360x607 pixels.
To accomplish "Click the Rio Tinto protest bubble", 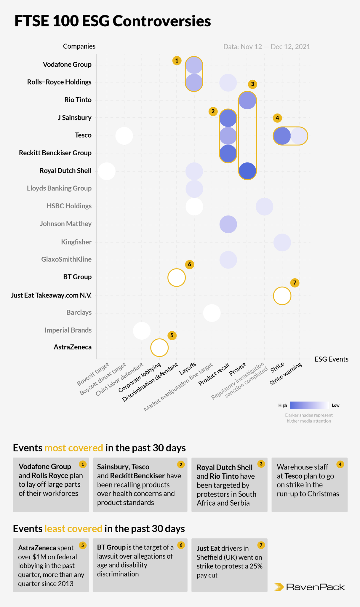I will (247, 100).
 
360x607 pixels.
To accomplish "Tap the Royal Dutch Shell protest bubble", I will (247, 171).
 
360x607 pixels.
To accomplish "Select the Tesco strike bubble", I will (282, 136).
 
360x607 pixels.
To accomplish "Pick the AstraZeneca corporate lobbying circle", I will (159, 347).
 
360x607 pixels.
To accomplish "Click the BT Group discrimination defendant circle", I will (177, 277).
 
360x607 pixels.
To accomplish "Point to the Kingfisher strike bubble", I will (282, 242).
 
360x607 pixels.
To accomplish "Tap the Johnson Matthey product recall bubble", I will (228, 224).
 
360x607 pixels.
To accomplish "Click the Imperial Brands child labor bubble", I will (142, 330).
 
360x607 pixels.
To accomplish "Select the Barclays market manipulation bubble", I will (212, 313).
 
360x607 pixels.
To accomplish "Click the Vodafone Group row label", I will (67, 65).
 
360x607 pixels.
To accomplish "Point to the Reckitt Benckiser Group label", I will (55, 153).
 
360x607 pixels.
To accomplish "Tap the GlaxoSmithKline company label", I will (66, 259).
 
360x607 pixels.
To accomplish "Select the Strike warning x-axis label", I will (286, 374).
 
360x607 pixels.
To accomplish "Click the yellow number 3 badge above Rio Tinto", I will (252, 84).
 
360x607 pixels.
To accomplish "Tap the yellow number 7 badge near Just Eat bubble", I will (295, 283).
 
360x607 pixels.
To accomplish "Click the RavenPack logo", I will (310, 587).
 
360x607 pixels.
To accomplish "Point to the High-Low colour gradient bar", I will (309, 405).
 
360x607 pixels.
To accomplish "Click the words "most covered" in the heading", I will (74, 448).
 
